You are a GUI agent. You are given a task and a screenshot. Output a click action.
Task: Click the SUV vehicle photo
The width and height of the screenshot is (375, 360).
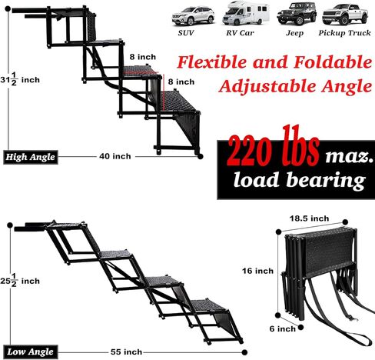pos(193,16)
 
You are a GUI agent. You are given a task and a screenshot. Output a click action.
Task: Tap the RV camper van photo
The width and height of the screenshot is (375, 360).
pos(246,13)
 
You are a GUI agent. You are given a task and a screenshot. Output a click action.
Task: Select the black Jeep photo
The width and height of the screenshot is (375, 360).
pos(297,14)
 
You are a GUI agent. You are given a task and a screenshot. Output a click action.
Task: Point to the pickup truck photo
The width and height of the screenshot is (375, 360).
pos(345,15)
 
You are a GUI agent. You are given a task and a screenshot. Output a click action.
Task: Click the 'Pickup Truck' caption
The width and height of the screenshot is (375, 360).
pos(344,33)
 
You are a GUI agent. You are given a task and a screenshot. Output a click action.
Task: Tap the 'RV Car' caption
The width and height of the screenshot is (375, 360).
pos(240,33)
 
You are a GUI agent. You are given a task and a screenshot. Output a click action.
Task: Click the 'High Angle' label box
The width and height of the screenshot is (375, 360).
pos(31,157)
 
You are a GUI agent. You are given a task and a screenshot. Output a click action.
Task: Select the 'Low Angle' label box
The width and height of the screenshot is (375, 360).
pos(31,352)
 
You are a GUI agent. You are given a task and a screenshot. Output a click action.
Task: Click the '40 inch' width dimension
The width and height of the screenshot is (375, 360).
pos(115,156)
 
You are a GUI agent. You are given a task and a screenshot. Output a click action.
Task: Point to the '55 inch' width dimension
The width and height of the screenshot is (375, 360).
pos(126,352)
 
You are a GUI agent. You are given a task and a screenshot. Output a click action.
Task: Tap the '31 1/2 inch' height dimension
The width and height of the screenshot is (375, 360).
pos(20,79)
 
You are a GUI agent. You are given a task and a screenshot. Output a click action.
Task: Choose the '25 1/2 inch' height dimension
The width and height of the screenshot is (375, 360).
pos(20,280)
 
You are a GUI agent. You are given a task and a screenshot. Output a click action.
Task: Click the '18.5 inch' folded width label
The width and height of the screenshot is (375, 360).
pos(309,218)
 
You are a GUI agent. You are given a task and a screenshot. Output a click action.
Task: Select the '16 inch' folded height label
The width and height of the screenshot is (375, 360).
pos(257,271)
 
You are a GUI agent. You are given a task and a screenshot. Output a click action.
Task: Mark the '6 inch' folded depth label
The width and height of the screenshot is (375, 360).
pos(283,328)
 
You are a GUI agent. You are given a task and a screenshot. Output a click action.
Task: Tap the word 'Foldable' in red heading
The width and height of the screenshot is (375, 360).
pos(333,62)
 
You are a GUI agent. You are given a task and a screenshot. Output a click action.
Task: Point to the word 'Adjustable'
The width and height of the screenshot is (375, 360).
pos(267,86)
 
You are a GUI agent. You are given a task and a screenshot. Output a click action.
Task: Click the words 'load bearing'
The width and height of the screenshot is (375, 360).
pos(300,180)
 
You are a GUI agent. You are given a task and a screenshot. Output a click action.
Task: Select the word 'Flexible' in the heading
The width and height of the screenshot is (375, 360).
pos(213,62)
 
